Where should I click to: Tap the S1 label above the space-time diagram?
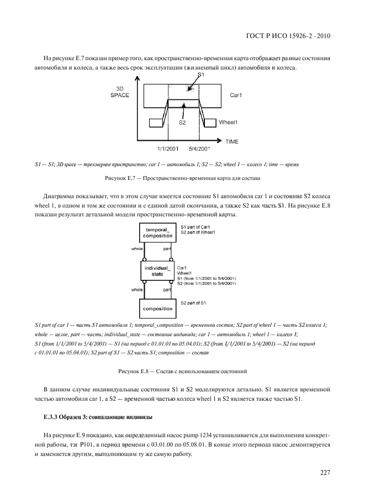202,74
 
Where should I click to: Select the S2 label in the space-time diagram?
182,123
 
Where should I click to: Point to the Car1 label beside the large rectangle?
237,95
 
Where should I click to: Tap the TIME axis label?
231,141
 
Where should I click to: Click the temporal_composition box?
158,232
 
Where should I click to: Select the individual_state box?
158,270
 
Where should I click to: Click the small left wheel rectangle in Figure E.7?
154,122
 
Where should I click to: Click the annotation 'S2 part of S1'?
193,303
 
